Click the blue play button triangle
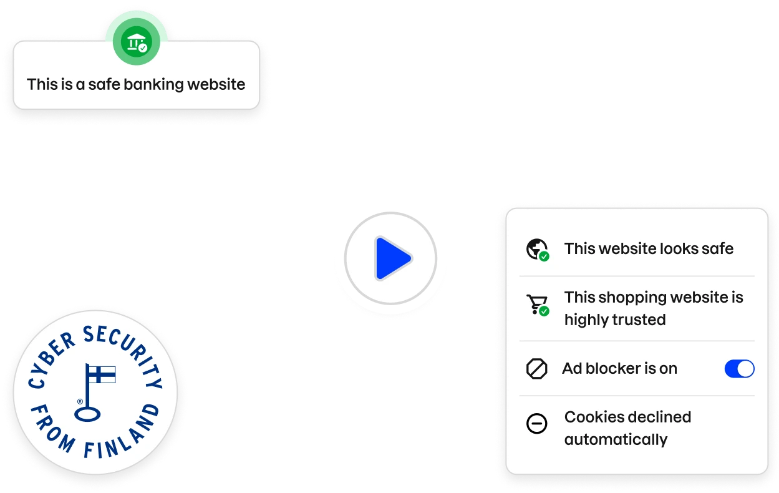[391, 258]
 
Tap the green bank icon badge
[136, 42]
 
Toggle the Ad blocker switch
[739, 369]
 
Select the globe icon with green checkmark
[536, 249]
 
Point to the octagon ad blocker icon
[536, 369]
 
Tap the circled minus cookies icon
[536, 424]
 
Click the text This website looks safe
[649, 248]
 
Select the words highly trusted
[615, 320]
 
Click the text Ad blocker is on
[619, 369]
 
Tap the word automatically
[616, 439]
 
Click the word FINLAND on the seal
[122, 437]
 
